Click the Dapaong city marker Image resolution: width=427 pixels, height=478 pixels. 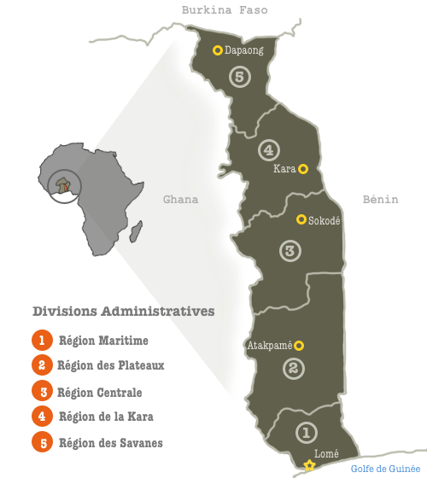(218, 50)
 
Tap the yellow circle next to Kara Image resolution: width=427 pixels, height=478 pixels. (303, 168)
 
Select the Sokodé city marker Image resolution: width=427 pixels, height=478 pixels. (301, 219)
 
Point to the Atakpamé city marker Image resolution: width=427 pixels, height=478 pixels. (299, 346)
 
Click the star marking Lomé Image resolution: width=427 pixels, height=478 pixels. (309, 466)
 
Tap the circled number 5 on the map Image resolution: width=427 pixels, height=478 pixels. (240, 77)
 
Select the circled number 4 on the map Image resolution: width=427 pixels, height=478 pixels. (268, 149)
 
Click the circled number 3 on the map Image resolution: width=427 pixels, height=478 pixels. (290, 251)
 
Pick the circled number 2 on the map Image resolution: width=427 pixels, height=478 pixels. (293, 368)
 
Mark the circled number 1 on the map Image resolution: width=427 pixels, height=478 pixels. (306, 434)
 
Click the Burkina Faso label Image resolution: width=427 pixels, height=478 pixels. (225, 10)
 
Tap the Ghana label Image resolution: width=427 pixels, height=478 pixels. (180, 200)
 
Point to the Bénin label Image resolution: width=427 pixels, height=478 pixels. (380, 199)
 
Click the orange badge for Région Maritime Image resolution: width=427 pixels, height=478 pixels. (40, 341)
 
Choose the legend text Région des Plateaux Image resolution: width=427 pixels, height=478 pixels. (110, 365)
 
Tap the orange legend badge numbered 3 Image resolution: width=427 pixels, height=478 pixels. (40, 392)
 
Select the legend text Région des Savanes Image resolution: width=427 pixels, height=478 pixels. (110, 442)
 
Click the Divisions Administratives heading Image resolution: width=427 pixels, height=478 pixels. (123, 311)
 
